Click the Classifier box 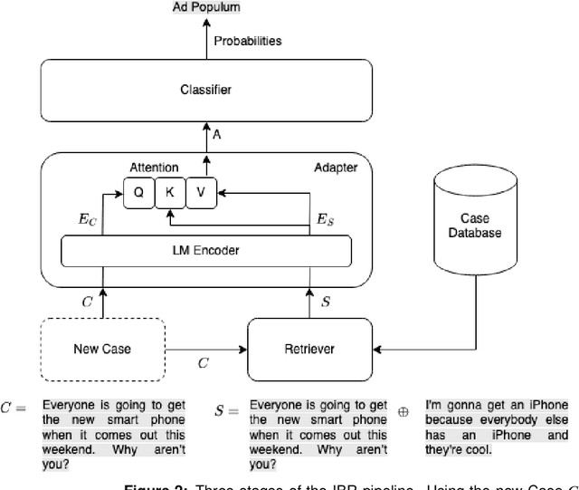[x=205, y=91]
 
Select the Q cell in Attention [x=139, y=192]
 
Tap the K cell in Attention [x=170, y=192]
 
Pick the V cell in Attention [x=202, y=192]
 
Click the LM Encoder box [x=205, y=250]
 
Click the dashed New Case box [x=102, y=349]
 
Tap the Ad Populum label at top [x=206, y=7]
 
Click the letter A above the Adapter [x=217, y=133]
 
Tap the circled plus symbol [x=403, y=410]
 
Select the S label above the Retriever [x=327, y=298]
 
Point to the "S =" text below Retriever [x=227, y=410]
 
